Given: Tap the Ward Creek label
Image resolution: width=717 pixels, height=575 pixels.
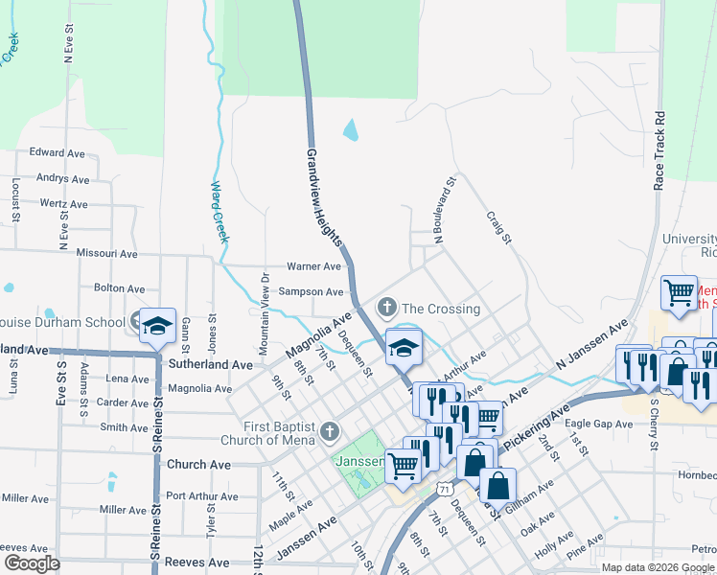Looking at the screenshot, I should [219, 211].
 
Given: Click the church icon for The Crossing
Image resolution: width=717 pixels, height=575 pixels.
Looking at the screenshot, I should [387, 308].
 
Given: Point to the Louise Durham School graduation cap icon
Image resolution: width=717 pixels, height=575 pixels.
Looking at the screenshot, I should [156, 326].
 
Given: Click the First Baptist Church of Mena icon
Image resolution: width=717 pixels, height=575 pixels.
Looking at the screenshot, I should [330, 432].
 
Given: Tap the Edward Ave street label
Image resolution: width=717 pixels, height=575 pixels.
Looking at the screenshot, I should [58, 152].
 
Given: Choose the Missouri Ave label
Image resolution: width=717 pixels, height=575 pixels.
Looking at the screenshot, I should [108, 254].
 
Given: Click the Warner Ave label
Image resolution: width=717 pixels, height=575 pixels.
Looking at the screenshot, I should [314, 266].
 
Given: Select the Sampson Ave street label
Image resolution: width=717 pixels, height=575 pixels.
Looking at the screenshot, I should [311, 291].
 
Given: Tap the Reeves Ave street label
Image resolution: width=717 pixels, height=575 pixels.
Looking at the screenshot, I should [197, 563].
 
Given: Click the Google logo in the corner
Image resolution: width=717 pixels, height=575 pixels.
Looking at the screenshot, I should [31, 563].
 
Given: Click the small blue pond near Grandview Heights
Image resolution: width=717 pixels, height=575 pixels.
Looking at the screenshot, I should [350, 129].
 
